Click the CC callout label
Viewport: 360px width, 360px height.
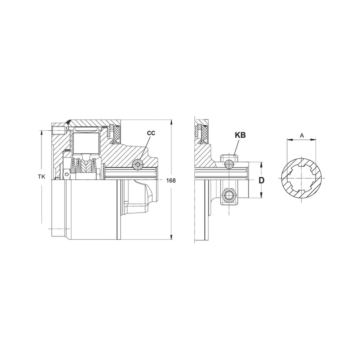pyautogui.click(x=151, y=133)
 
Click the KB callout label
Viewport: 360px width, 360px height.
pyautogui.click(x=240, y=135)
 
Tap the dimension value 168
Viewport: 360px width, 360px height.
pyautogui.click(x=171, y=180)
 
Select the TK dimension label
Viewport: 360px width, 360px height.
pyautogui.click(x=41, y=176)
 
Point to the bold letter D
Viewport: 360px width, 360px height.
pyautogui.click(x=261, y=180)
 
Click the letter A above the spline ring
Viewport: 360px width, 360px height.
pyautogui.click(x=302, y=136)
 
